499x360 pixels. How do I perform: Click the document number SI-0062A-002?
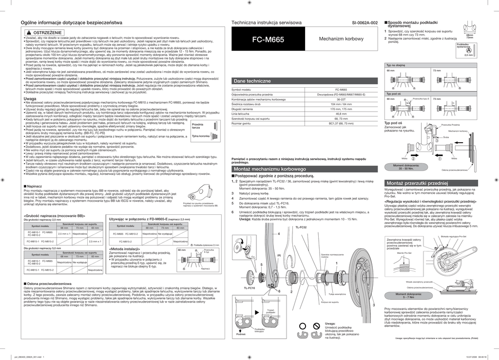click(x=365, y=23)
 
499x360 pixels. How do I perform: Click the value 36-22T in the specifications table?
click(x=341, y=99)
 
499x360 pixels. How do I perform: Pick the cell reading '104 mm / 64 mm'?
click(x=341, y=104)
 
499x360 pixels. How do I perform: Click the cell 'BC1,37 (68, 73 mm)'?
click(x=341, y=123)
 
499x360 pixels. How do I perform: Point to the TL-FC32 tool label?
click(x=301, y=227)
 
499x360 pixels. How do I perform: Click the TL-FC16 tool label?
click(x=249, y=288)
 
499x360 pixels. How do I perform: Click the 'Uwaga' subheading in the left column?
click(x=31, y=98)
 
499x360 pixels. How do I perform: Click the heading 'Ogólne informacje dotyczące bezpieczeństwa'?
click(x=71, y=23)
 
